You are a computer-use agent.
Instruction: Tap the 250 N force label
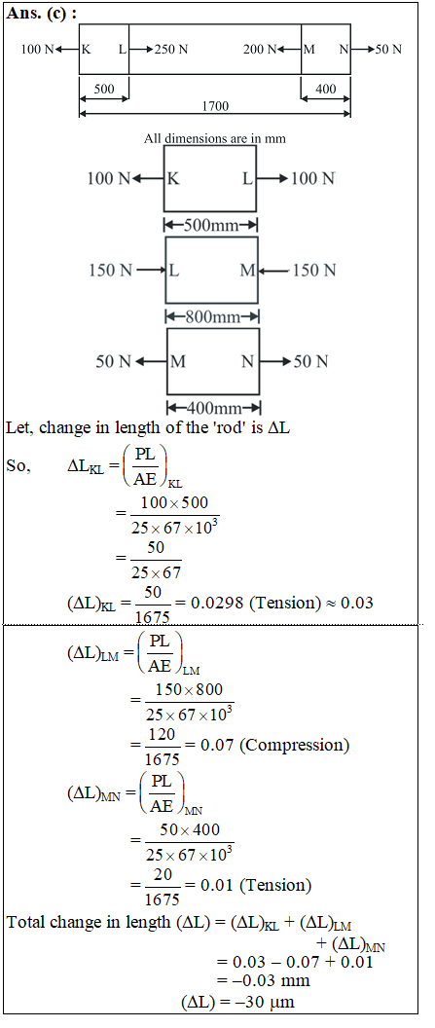pos(170,49)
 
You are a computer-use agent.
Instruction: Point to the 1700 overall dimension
pos(215,106)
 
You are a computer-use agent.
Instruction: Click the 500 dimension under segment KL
pos(103,91)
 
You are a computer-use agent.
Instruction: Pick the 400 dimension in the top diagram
pos(326,91)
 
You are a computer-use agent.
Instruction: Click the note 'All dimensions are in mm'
pos(215,138)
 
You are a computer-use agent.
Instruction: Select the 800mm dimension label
pos(213,317)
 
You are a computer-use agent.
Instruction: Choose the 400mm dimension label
pos(213,409)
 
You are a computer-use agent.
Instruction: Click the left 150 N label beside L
pos(111,270)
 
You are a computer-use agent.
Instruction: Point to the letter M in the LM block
pos(247,270)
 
